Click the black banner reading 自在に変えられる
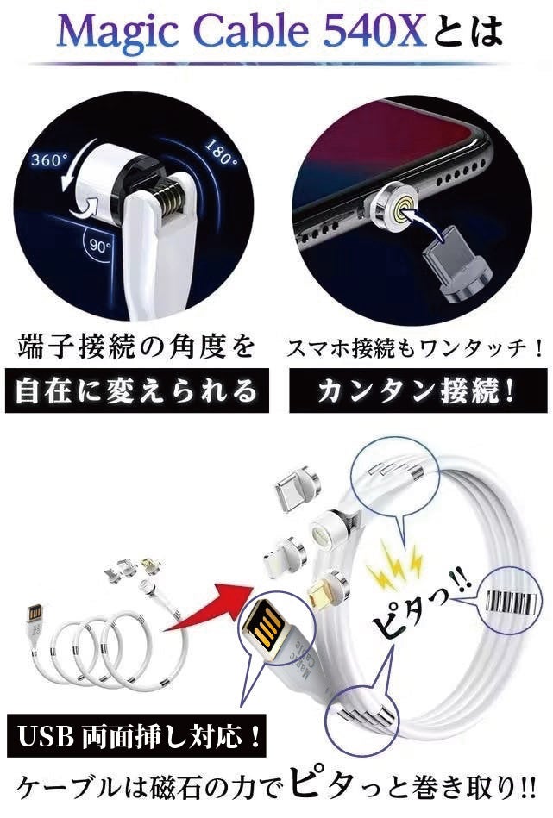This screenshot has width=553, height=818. (x=137, y=390)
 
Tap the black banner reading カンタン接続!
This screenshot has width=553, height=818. (x=418, y=390)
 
